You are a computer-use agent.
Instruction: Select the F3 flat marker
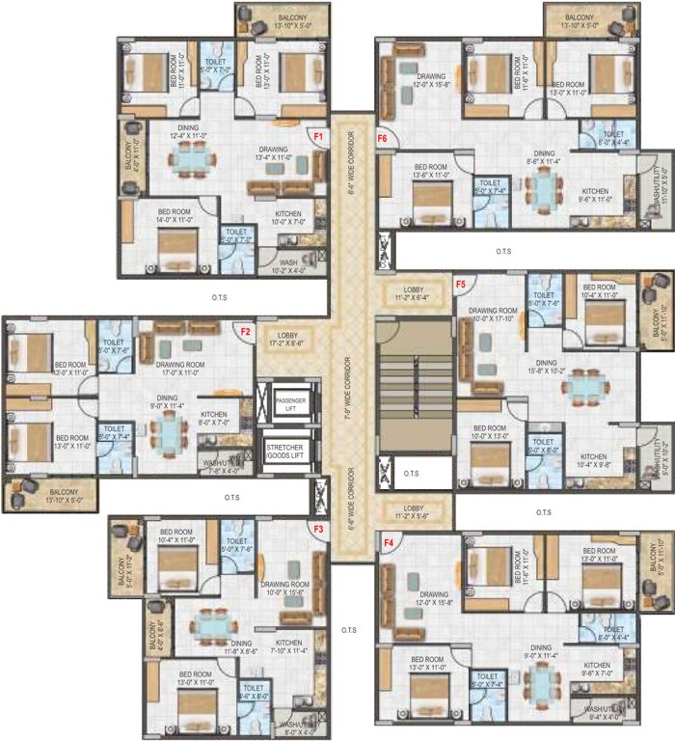(x=317, y=530)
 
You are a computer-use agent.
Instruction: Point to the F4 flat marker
(x=390, y=543)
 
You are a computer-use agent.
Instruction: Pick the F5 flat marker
(x=461, y=284)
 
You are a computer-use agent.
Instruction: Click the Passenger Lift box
(x=290, y=403)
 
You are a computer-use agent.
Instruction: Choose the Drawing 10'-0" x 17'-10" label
(x=495, y=316)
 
